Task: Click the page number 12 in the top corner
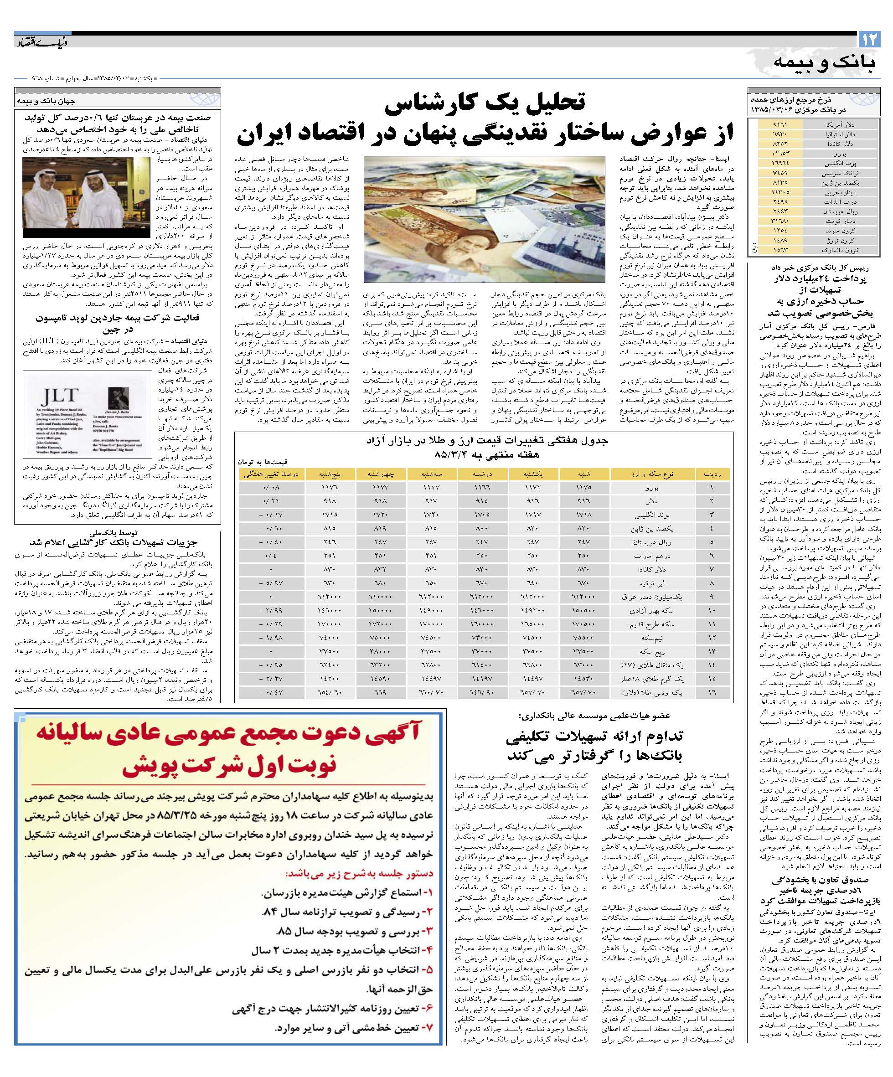870,40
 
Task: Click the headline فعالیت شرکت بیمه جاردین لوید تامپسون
118,318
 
